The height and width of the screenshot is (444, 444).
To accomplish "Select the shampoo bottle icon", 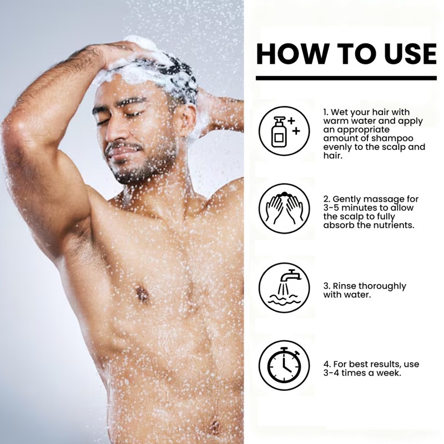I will point(280,131).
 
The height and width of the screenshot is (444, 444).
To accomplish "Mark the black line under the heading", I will point(346,78).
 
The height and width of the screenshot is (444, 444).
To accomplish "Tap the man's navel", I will point(213,426).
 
